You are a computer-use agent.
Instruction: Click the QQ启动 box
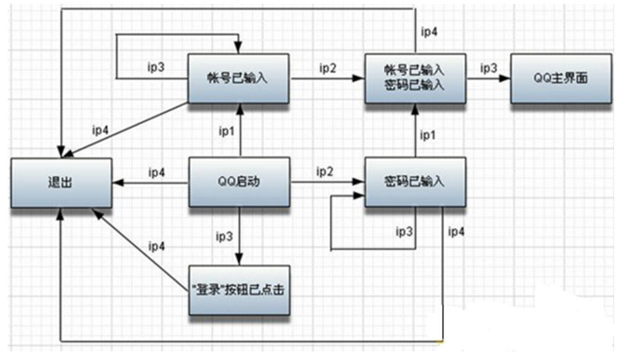click(x=239, y=182)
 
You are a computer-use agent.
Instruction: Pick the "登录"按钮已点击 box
click(x=239, y=290)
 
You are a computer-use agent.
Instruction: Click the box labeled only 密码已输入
click(x=415, y=182)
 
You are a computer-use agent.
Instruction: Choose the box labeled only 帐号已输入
click(x=239, y=78)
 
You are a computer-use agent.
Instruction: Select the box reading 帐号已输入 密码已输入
click(x=415, y=78)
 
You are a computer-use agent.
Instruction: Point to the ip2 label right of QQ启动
click(x=325, y=170)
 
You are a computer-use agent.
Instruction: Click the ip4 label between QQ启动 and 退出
click(x=157, y=171)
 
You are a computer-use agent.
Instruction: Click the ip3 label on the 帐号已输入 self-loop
click(x=155, y=67)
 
